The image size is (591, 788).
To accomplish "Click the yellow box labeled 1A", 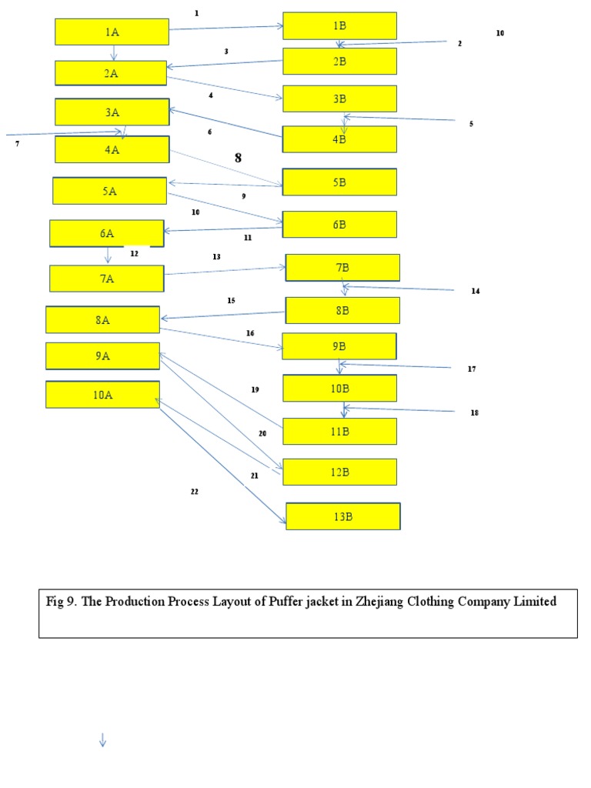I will tap(112, 32).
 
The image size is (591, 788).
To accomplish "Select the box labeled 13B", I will tap(342, 516).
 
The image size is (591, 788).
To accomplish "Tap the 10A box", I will tap(102, 395).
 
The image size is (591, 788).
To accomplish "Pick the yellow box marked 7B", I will tap(342, 268).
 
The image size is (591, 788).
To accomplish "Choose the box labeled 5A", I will tap(109, 191).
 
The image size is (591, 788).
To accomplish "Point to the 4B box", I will tap(339, 139).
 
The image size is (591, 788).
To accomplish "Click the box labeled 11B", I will tap(339, 432).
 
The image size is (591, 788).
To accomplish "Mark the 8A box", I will tap(102, 320).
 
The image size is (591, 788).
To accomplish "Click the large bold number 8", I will tap(238, 158).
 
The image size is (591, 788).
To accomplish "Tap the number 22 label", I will tap(194, 491).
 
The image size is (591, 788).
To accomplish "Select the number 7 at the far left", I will tap(17, 144).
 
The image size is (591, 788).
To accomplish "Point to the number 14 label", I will tap(475, 292).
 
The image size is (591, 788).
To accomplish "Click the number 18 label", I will tap(474, 413).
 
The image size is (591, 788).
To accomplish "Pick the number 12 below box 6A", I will tap(134, 253).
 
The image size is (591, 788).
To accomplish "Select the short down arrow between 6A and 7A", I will tap(108, 255).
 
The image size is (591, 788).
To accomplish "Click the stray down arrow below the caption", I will tap(102, 740).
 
